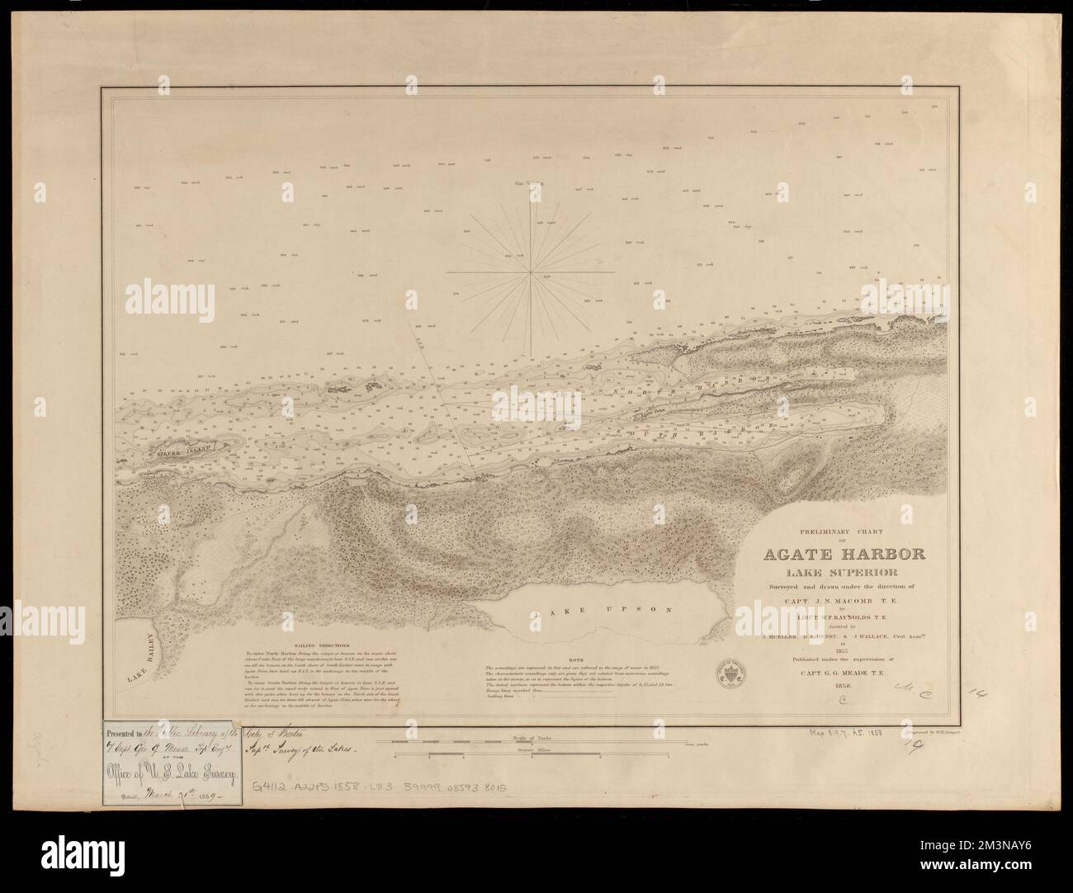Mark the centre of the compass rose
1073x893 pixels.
(527, 271)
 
